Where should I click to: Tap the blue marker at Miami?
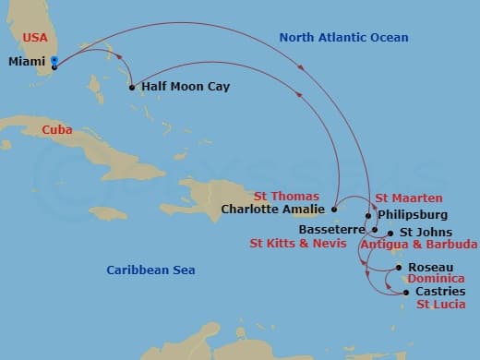click(x=55, y=62)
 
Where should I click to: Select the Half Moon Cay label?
click(x=186, y=87)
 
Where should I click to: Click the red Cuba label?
click(x=58, y=130)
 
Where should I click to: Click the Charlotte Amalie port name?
click(x=275, y=210)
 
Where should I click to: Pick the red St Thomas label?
click(x=288, y=197)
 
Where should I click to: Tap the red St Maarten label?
click(x=408, y=198)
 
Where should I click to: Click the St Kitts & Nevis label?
click(x=297, y=245)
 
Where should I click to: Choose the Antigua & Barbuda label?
click(x=418, y=245)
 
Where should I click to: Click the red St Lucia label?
click(x=440, y=304)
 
